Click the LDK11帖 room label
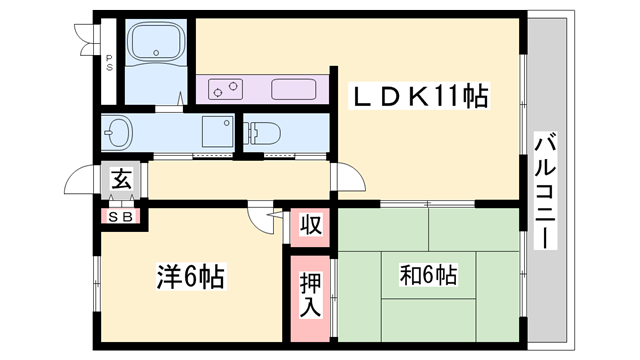click(419, 98)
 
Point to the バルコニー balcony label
click(545, 191)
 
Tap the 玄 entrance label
click(121, 181)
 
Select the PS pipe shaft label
click(109, 60)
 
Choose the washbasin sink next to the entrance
click(118, 131)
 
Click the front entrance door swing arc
click(80, 181)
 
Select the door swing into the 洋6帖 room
click(262, 218)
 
